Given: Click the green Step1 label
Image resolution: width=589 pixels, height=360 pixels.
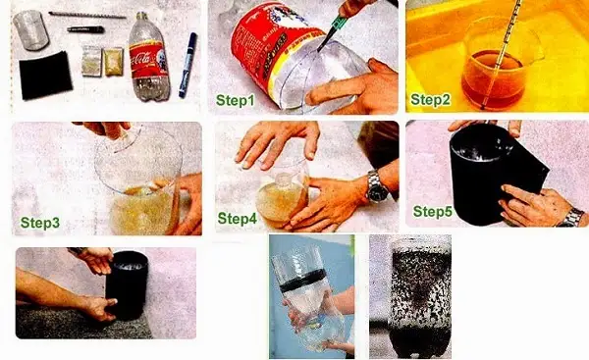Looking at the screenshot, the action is [x=236, y=101].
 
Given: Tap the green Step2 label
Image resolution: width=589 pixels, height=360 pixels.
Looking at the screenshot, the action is [x=430, y=100].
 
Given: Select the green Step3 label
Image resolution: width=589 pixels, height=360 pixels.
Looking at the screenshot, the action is [x=40, y=223].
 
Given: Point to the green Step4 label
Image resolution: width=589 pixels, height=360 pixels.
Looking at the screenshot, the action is [x=238, y=219].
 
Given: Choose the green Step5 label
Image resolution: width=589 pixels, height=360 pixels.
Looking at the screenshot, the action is [x=433, y=212].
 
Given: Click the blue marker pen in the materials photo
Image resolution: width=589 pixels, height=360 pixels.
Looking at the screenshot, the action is [x=187, y=65].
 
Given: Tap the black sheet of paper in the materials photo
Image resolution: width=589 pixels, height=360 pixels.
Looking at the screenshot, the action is [x=45, y=76].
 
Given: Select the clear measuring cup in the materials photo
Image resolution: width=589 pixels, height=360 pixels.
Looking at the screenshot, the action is [x=30, y=30].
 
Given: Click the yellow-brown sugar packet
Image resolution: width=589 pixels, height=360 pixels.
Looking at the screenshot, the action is [x=113, y=62].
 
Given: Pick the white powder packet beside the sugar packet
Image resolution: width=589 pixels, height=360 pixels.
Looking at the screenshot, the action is [x=92, y=61].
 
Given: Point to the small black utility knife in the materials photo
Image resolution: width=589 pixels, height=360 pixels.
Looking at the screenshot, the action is [x=85, y=29].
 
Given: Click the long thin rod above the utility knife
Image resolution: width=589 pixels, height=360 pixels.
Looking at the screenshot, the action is [x=87, y=15].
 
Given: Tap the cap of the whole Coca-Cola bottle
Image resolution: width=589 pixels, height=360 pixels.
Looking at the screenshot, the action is [x=141, y=16].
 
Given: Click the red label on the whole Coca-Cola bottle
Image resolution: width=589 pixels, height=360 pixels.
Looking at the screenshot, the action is [x=149, y=59].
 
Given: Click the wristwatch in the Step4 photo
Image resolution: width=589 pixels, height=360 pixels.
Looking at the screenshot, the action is [x=377, y=187].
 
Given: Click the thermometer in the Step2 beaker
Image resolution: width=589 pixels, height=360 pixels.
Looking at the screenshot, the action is [x=502, y=53].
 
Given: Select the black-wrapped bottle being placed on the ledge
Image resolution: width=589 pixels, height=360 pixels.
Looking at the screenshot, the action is [x=127, y=285].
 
